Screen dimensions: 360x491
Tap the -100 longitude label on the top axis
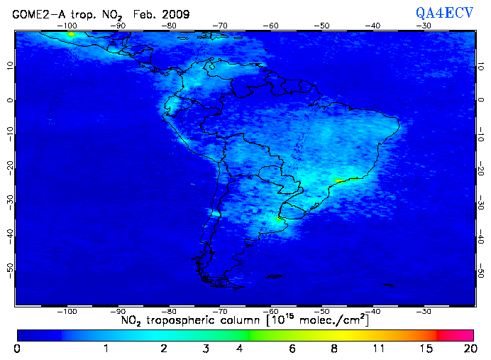click(68, 26)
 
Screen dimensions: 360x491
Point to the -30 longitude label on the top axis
click(424, 26)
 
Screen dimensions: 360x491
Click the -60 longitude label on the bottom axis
click(270, 311)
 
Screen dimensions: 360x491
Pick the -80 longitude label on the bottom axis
click(169, 311)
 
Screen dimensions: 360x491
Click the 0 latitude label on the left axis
click(10, 100)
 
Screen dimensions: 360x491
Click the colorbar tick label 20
click(468, 349)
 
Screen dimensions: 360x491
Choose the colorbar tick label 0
click(16, 349)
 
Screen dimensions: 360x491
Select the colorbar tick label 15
click(424, 349)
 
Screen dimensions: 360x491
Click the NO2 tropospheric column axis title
click(245, 322)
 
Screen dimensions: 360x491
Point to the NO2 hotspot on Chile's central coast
click(215, 213)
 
